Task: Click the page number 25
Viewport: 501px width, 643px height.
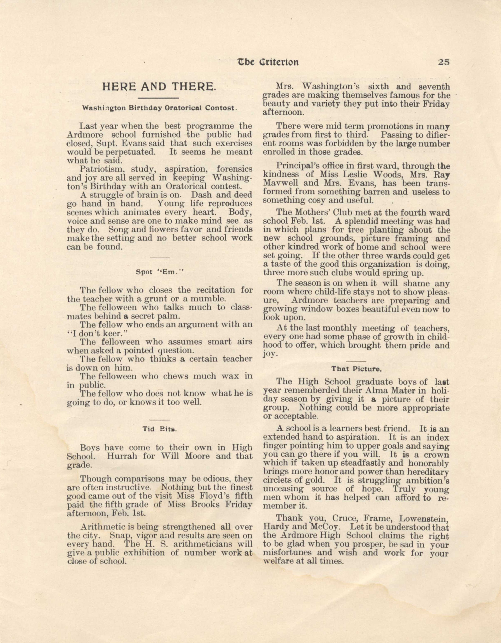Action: [x=444, y=62]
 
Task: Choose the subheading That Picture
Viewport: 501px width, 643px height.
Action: [x=357, y=368]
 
